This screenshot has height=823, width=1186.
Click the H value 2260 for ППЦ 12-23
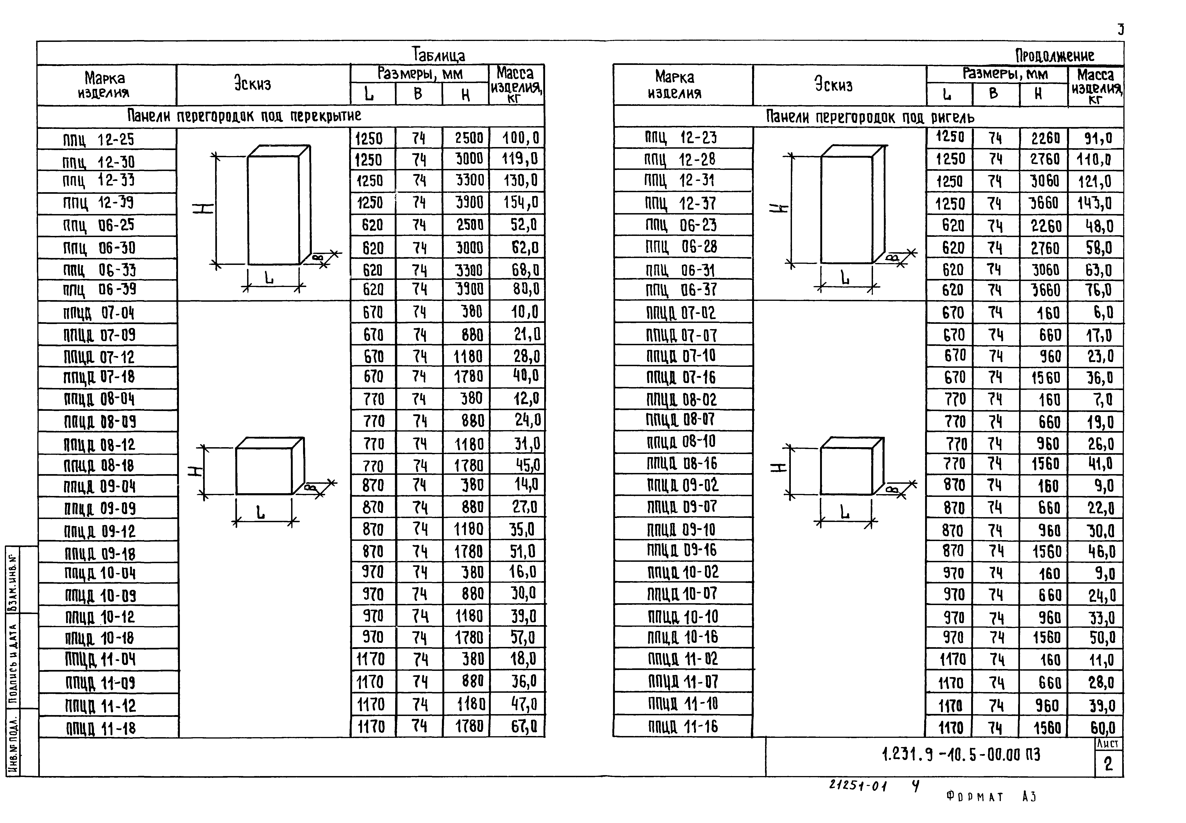pyautogui.click(x=1045, y=138)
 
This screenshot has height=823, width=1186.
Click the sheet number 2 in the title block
pyautogui.click(x=1108, y=764)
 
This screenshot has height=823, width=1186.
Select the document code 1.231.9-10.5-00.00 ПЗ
pyautogui.click(x=961, y=755)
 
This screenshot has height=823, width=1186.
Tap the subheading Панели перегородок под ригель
pyautogui.click(x=870, y=118)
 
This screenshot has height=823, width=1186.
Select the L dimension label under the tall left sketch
pyautogui.click(x=269, y=278)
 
